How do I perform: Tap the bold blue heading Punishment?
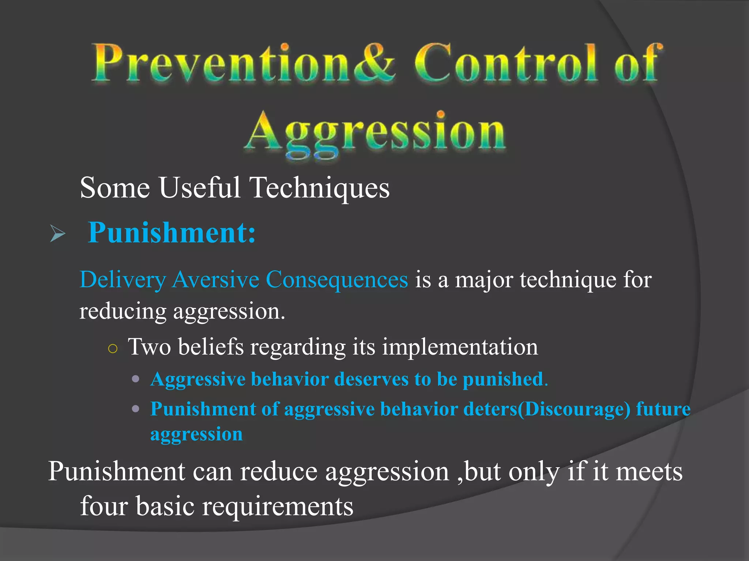tap(172, 233)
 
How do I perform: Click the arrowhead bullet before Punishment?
tap(57, 234)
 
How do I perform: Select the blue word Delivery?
tap(123, 280)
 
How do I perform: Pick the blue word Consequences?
tap(336, 280)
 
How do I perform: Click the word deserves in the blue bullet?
tap(371, 379)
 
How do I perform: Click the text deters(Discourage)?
tap(547, 409)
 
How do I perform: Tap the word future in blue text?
tap(663, 409)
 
